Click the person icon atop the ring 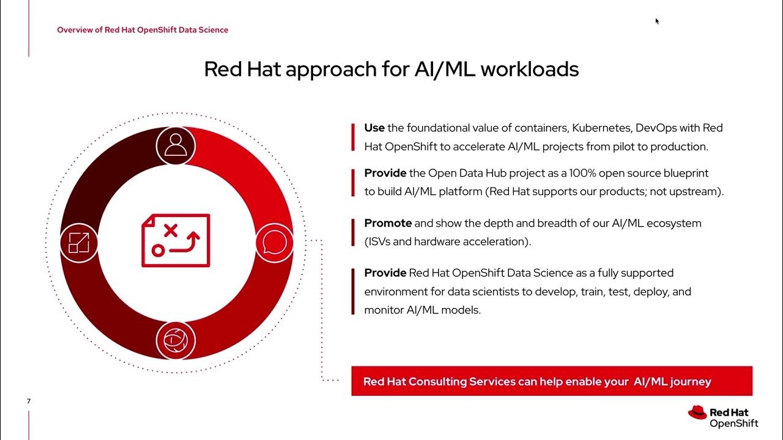[x=176, y=145]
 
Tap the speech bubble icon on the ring [x=273, y=243]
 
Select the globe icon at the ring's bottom [x=176, y=340]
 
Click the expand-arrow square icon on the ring [x=79, y=243]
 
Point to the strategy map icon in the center [x=176, y=240]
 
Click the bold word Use [x=374, y=128]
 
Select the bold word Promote [x=388, y=223]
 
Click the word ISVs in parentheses [x=379, y=241]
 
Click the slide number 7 [x=29, y=402]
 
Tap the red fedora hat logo [x=697, y=413]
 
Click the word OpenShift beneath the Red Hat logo [x=733, y=423]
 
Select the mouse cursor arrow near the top [x=657, y=21]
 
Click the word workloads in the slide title [x=529, y=69]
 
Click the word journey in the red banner [x=691, y=381]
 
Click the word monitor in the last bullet [x=384, y=310]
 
